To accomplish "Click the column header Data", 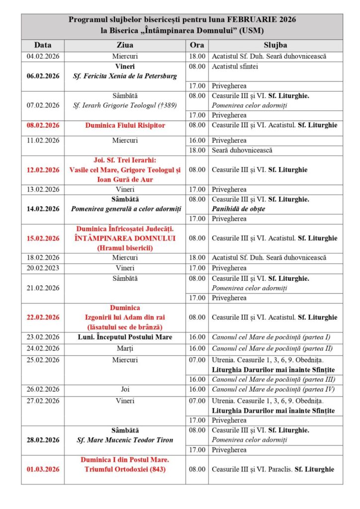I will tap(42, 45).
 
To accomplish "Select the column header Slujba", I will tap(275, 45).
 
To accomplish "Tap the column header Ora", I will tap(197, 45).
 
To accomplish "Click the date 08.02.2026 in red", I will tap(42, 125).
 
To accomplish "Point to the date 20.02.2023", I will tap(42, 267).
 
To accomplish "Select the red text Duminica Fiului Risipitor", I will tap(125, 125).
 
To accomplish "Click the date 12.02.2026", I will tap(42, 170).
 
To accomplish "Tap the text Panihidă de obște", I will tap(239, 209).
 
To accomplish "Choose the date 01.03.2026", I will tap(42, 468).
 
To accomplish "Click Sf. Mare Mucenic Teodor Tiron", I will tap(125, 440).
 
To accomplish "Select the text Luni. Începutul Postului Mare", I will tap(125, 338).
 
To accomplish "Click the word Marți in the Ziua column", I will tap(125, 348).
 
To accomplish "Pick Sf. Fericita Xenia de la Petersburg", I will tap(125, 76).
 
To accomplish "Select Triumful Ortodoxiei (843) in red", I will tap(125, 468).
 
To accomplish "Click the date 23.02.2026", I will tap(42, 338).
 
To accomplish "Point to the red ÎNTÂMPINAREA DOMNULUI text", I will tap(125, 238).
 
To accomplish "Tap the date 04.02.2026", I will tap(42, 56).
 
